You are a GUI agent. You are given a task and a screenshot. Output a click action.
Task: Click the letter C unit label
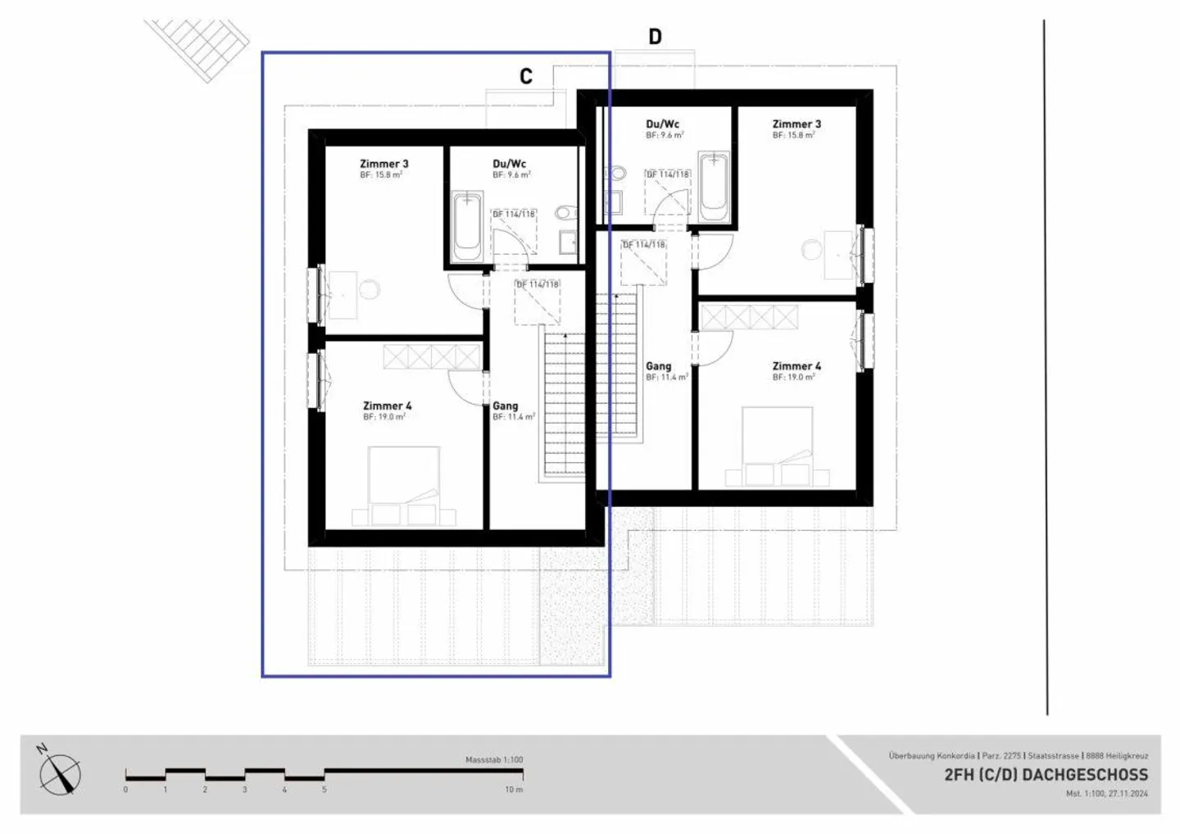click(x=526, y=76)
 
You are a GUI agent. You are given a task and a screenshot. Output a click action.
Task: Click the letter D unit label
click(x=655, y=37)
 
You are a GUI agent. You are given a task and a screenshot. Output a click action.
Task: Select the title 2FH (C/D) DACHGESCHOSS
click(x=1046, y=774)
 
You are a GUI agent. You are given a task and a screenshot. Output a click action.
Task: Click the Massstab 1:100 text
click(x=493, y=759)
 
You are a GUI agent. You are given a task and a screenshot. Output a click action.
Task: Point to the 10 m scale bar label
click(x=513, y=790)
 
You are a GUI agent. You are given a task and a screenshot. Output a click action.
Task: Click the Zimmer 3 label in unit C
click(x=383, y=164)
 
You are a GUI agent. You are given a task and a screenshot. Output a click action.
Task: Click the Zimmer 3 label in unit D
click(x=796, y=125)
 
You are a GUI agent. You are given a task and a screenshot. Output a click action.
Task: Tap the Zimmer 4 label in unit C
click(x=387, y=406)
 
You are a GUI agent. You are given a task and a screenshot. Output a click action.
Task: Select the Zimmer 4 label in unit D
click(x=796, y=366)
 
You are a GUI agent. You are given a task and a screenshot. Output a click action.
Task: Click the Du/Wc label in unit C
click(x=509, y=164)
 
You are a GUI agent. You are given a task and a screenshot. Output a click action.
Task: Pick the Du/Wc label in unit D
click(x=662, y=125)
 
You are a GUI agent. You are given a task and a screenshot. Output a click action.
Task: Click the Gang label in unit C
click(x=505, y=406)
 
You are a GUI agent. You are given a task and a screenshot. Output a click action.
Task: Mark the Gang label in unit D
click(x=658, y=366)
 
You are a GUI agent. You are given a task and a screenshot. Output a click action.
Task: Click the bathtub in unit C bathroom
click(x=467, y=225)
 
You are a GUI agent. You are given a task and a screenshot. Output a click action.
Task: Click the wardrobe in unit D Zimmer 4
click(x=748, y=317)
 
